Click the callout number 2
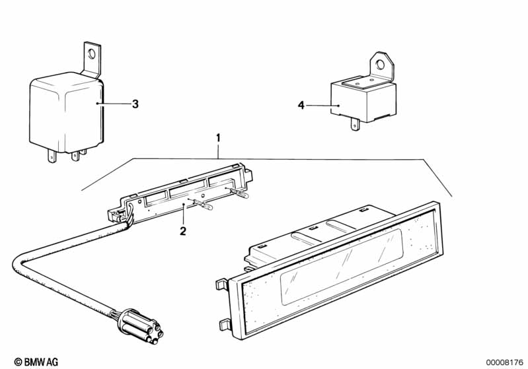pos(183,230)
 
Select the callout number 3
pos(135,104)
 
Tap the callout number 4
pos(301,106)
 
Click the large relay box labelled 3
pos(66,111)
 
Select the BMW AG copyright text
pos(36,361)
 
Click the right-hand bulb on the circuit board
pos(242,193)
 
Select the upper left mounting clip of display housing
pos(221,285)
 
